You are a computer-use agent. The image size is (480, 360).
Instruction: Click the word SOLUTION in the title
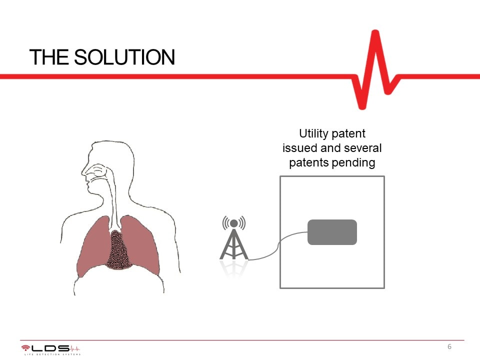pos(124,57)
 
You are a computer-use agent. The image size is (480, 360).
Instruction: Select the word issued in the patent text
pos(299,148)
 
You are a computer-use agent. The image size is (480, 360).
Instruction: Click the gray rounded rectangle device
pos(332,232)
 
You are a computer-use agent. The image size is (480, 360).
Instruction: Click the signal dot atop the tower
pos(234,223)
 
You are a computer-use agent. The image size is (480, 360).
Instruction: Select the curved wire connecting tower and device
pos(278,245)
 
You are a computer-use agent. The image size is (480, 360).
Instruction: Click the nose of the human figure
pos(84,172)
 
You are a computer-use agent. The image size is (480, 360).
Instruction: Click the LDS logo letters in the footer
pos(50,348)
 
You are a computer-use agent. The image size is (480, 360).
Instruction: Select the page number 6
pos(449,346)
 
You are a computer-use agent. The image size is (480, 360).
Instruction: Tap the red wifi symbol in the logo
pos(25,348)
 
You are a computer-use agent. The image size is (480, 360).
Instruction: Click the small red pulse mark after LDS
pos(75,348)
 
